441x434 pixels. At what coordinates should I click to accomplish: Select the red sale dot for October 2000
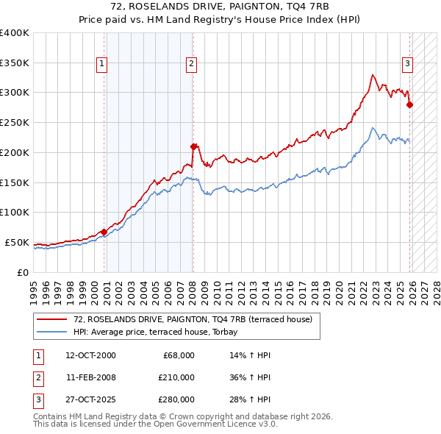tap(104, 232)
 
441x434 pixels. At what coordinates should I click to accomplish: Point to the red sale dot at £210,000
tap(193, 146)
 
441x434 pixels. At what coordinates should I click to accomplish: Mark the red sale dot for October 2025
tap(409, 104)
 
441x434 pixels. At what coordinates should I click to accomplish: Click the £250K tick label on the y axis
tap(15, 122)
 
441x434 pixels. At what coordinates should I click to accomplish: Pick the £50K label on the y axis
tap(18, 242)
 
